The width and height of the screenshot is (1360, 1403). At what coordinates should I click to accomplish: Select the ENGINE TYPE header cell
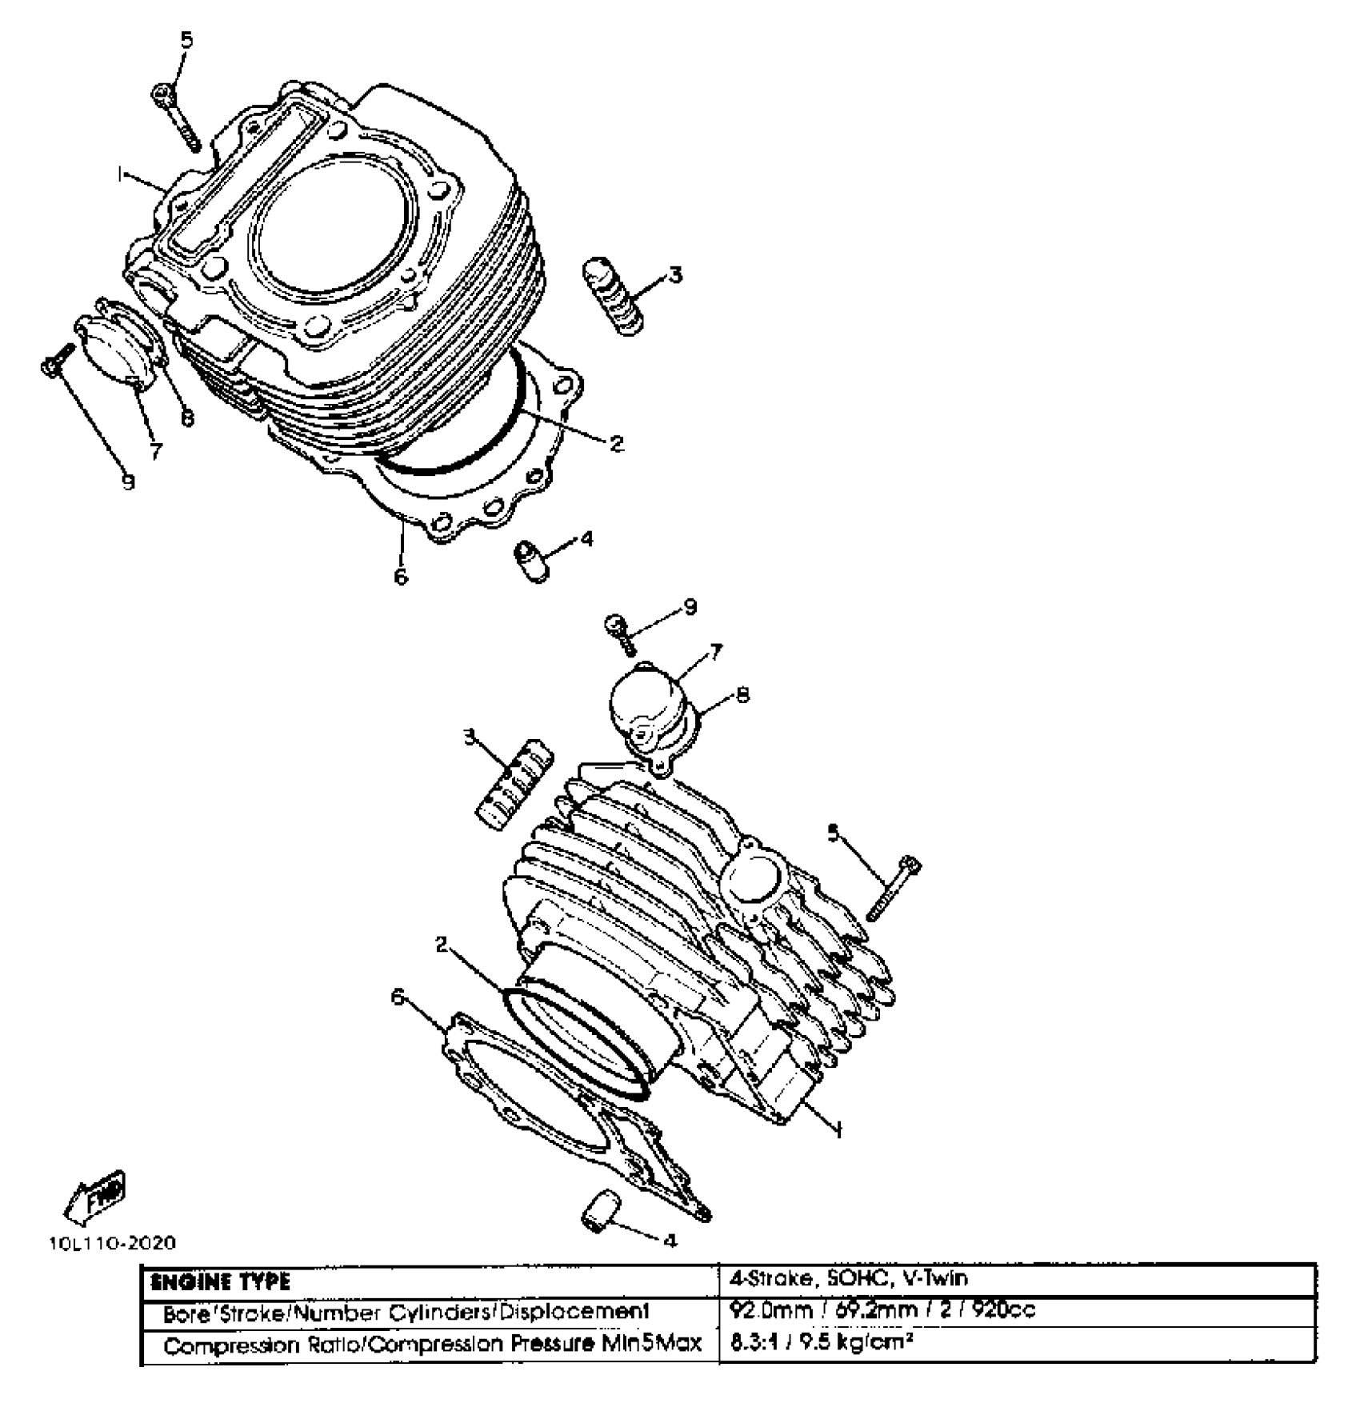221,1281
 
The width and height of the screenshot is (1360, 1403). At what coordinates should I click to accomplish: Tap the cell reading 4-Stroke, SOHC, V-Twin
848,1277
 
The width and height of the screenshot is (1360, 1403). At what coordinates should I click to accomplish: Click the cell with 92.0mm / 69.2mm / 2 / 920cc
884,1310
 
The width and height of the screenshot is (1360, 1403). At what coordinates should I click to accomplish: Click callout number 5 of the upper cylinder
186,40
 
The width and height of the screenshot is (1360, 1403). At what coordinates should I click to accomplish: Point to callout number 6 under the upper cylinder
401,575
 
